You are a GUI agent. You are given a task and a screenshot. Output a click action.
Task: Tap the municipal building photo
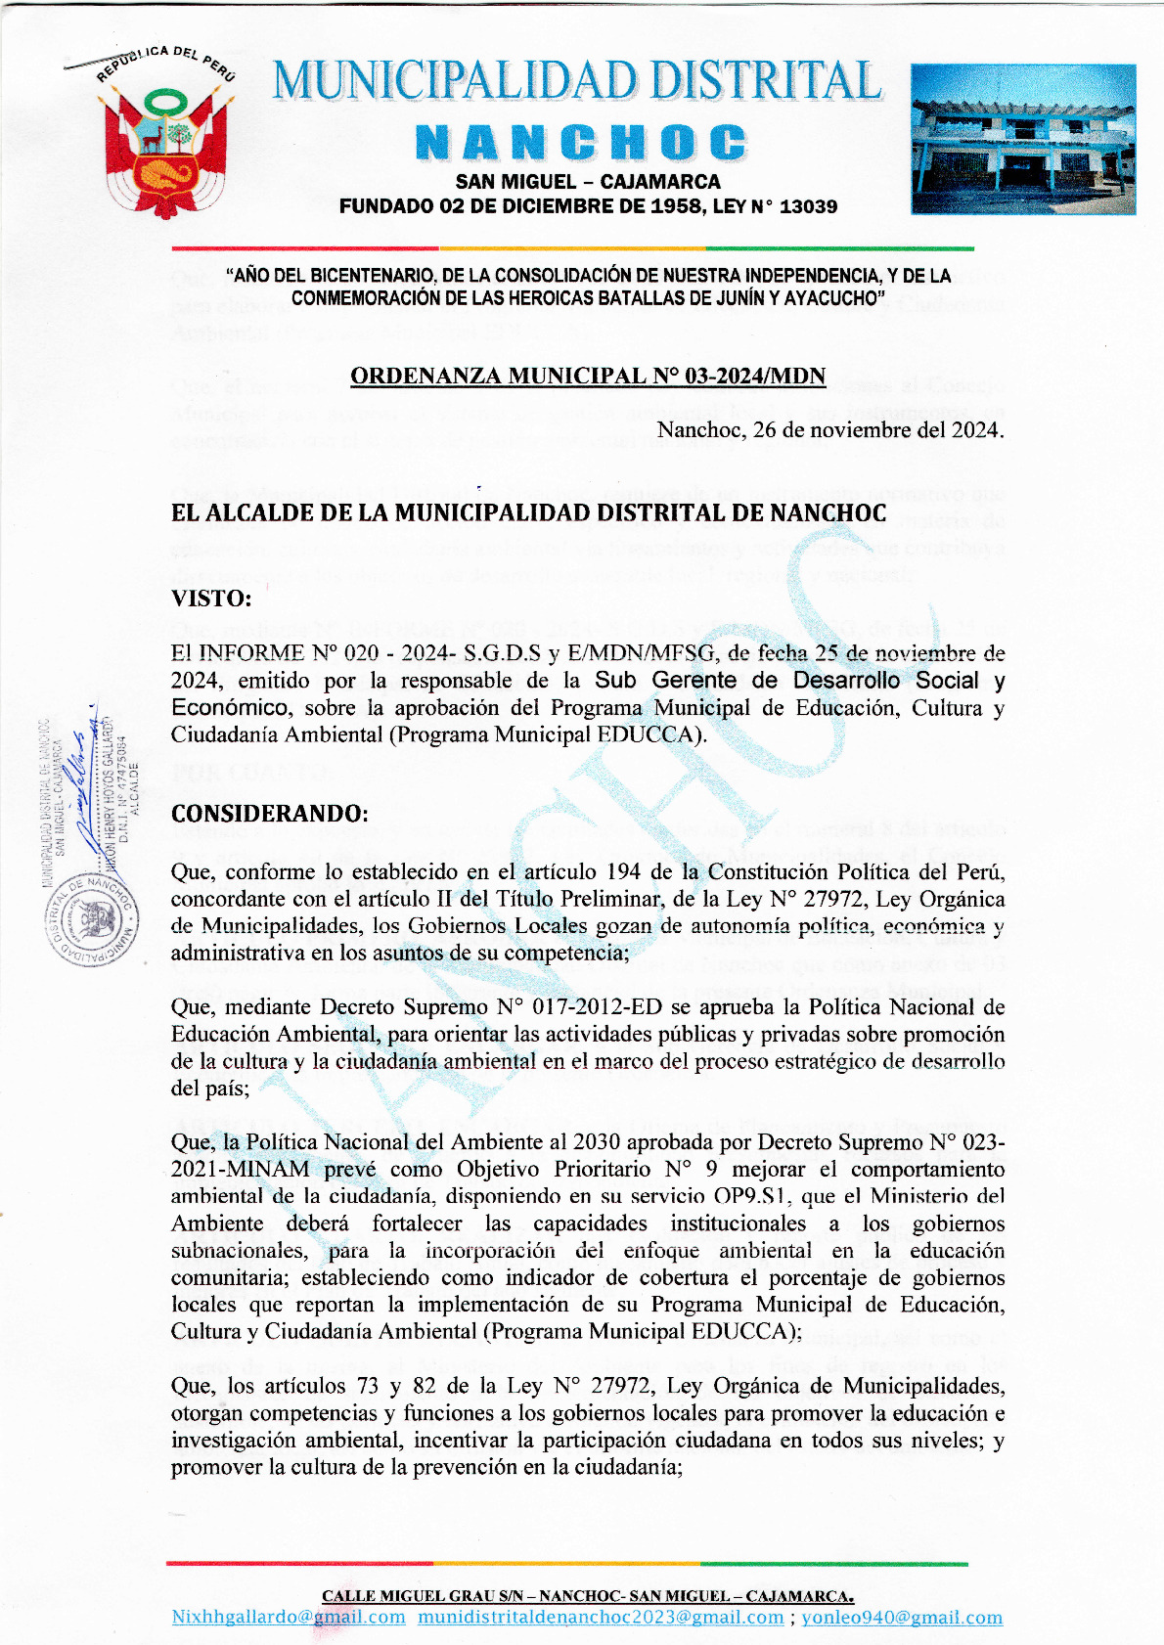click(x=1022, y=139)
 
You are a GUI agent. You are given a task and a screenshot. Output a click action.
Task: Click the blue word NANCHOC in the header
click(x=581, y=143)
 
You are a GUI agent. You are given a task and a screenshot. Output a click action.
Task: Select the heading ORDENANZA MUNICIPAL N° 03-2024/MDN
click(x=588, y=377)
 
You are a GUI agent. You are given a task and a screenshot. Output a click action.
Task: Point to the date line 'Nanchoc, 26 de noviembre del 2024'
click(x=830, y=430)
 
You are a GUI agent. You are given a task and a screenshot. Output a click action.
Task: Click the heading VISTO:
click(x=211, y=598)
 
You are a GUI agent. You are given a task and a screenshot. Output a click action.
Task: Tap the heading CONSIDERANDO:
click(x=269, y=814)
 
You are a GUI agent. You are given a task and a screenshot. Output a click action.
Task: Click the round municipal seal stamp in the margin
click(x=91, y=919)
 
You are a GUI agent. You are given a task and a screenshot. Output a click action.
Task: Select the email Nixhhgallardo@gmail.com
click(x=289, y=1618)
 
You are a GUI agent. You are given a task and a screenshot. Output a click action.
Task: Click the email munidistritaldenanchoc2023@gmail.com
click(x=601, y=1618)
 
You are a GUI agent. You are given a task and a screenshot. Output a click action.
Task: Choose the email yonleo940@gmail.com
click(x=902, y=1618)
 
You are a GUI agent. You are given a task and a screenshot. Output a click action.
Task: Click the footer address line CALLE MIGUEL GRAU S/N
click(x=588, y=1596)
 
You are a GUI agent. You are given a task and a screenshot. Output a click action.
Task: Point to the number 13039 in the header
click(x=808, y=206)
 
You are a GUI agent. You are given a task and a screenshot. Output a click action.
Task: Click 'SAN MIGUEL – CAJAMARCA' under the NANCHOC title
click(x=588, y=182)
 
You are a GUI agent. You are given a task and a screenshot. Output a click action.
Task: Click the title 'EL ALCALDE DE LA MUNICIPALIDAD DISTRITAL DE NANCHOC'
click(x=528, y=513)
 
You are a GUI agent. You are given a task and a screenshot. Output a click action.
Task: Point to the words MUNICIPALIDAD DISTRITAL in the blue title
click(x=577, y=82)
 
